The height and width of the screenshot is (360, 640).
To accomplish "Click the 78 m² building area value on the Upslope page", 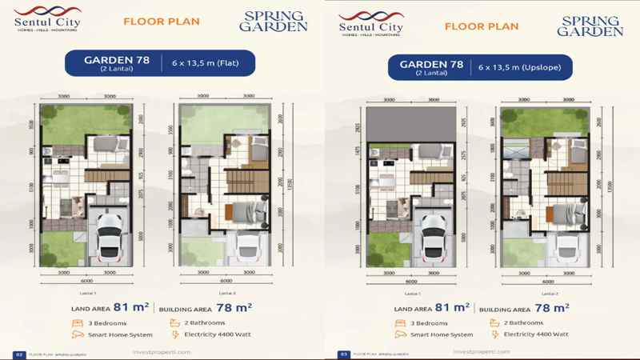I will pos(552,306).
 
